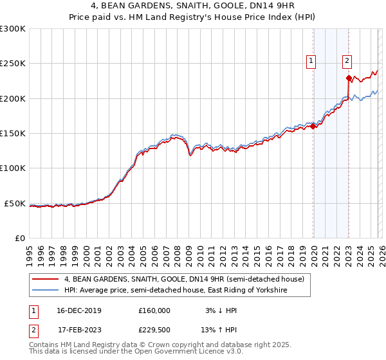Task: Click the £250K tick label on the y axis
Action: [x=13, y=64]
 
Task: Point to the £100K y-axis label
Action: [x=13, y=168]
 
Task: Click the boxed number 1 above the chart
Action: [x=311, y=61]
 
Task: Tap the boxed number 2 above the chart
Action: [x=347, y=61]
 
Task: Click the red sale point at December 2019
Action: [x=313, y=127]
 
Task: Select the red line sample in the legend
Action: [x=46, y=279]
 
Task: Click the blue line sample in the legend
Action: [x=46, y=291]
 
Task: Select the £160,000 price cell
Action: [x=154, y=310]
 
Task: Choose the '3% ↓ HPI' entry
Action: [x=219, y=310]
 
